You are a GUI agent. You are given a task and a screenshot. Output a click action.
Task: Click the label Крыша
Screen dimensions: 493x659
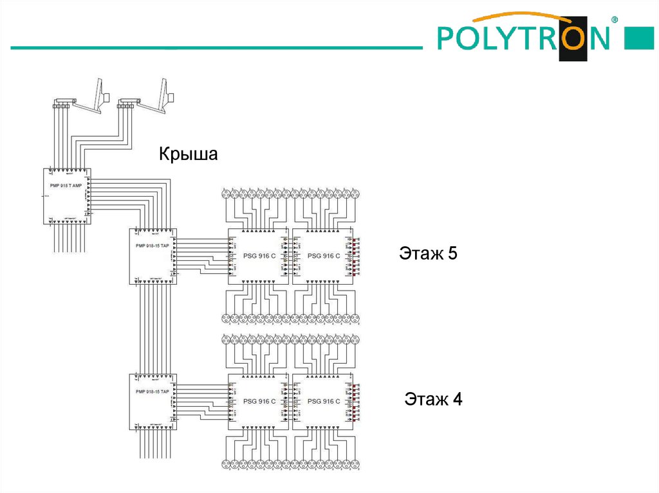coord(189,155)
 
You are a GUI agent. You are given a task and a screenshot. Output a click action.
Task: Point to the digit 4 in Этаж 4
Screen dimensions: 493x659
coord(457,400)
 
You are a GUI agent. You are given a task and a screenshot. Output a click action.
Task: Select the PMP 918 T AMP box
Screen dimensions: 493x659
coord(67,196)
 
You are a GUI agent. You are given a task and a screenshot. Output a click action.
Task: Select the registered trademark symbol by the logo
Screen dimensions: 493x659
coord(614,20)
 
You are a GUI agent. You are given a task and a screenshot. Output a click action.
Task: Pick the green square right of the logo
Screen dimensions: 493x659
coord(640,39)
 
